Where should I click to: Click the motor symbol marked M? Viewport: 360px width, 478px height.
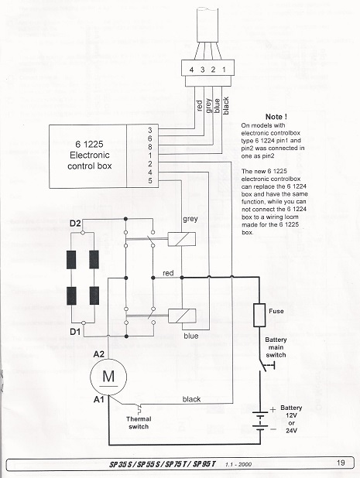108,377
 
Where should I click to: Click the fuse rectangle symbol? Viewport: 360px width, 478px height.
259,315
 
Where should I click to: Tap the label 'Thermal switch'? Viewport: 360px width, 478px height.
139,422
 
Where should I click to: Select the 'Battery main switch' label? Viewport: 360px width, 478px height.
276,347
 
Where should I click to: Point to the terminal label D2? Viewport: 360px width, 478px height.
75,224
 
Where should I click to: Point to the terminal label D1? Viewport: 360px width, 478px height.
75,331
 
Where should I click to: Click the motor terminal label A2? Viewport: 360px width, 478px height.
99,354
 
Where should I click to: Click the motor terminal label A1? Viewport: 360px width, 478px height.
99,399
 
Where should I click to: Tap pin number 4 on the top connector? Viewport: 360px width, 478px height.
191,70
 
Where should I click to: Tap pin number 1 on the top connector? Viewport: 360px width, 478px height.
224,70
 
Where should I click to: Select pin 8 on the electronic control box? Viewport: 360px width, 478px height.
149,147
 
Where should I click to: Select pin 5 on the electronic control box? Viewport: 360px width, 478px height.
149,181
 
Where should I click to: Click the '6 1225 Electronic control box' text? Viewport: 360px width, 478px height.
89,155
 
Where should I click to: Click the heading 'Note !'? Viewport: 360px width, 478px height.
276,117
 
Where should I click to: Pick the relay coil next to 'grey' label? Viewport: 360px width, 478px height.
182,239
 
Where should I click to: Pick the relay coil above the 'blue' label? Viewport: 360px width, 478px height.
182,316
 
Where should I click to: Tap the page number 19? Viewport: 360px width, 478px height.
341,463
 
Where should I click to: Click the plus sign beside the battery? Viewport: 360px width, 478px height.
273,409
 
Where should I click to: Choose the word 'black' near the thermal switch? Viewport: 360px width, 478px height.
191,399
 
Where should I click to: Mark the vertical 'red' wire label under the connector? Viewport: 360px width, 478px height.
199,106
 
